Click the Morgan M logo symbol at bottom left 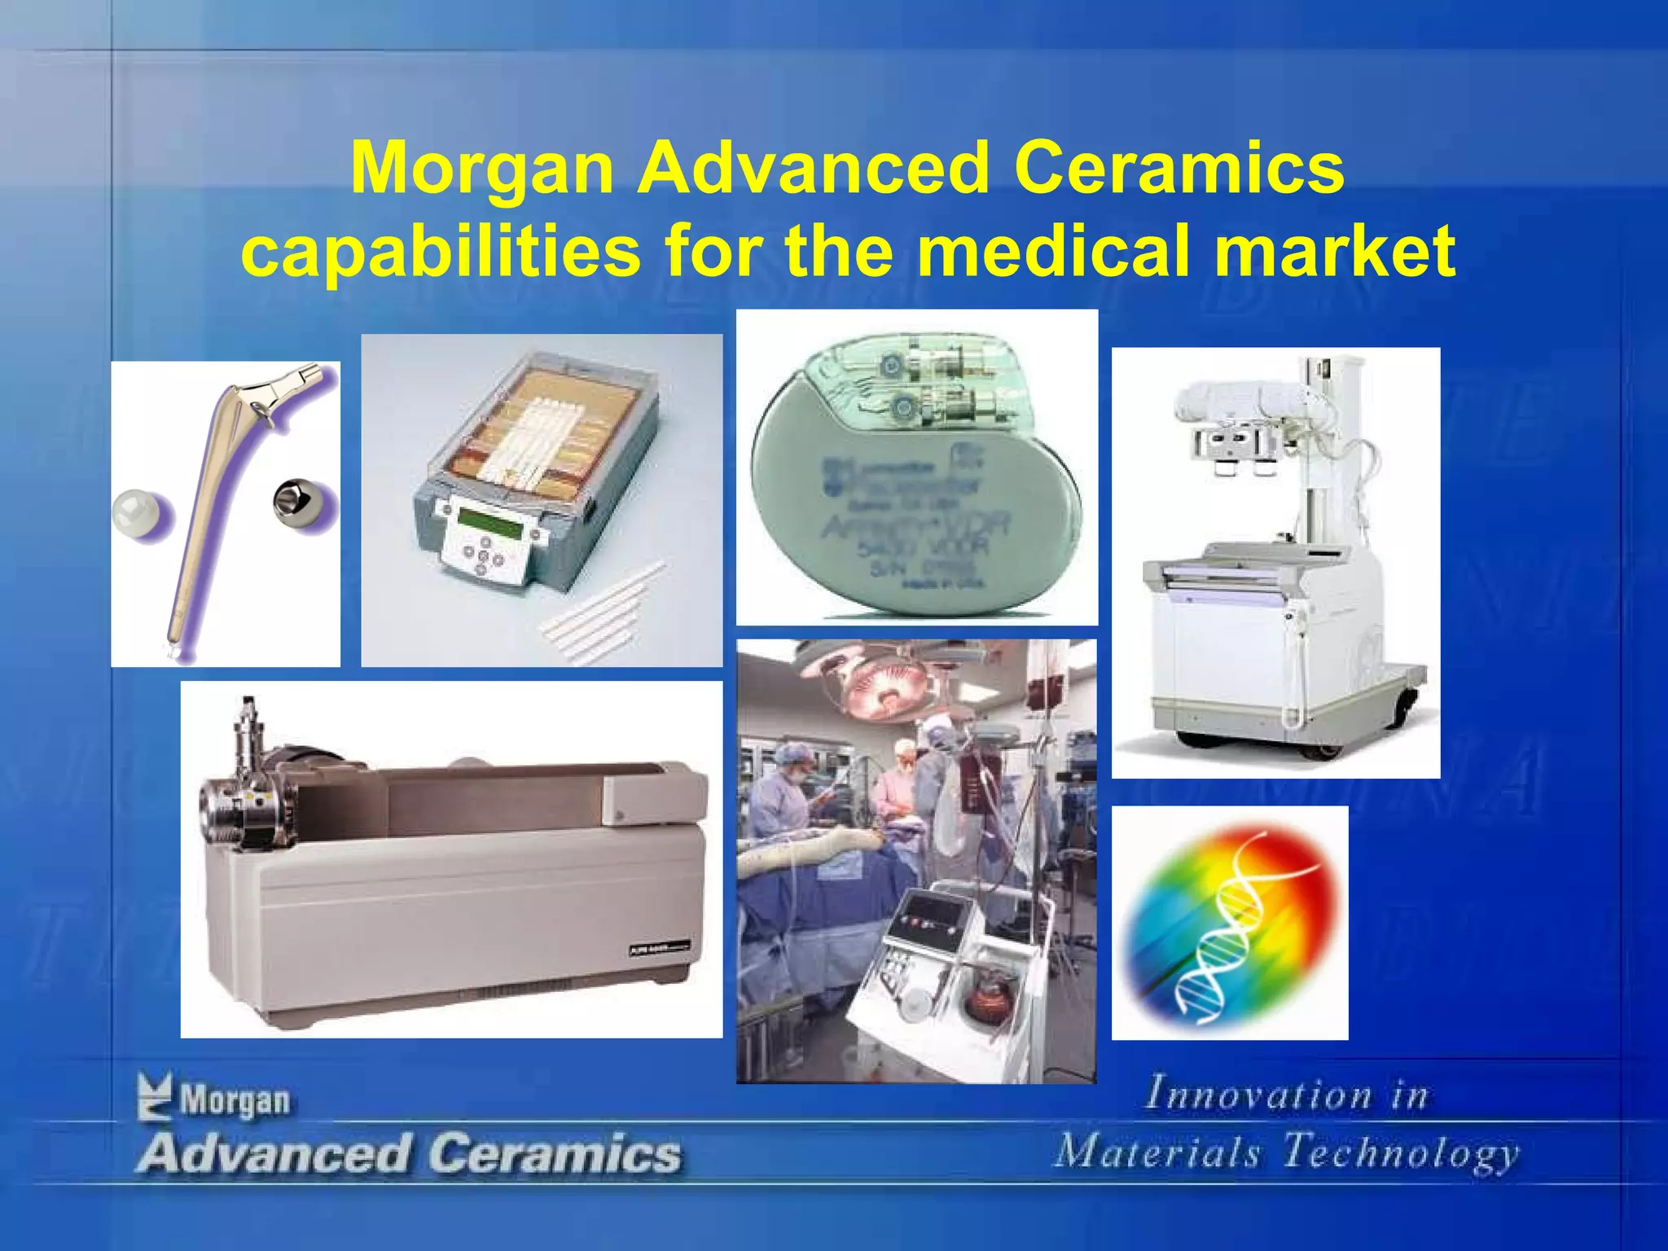coord(155,1096)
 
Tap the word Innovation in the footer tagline coord(1258,1094)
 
